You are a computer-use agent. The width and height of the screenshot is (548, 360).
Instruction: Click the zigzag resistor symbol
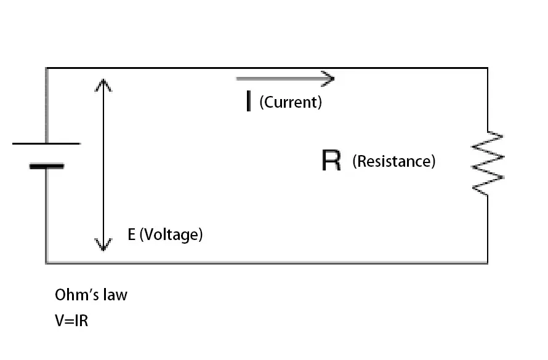pyautogui.click(x=488, y=163)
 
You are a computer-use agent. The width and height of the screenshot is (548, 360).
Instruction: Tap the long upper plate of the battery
pyautogui.click(x=46, y=143)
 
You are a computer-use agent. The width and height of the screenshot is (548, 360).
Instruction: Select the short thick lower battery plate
pyautogui.click(x=46, y=166)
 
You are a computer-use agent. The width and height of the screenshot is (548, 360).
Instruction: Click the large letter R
pyautogui.click(x=331, y=161)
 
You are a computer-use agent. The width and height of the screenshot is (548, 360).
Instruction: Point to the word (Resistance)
pyautogui.click(x=394, y=161)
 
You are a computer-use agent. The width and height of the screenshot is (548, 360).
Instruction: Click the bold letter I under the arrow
pyautogui.click(x=248, y=102)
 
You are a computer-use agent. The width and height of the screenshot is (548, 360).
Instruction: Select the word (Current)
pyautogui.click(x=291, y=102)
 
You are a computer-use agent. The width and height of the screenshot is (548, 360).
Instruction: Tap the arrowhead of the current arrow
pyautogui.click(x=329, y=78)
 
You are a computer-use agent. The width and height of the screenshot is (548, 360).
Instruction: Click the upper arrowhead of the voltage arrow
pyautogui.click(x=103, y=84)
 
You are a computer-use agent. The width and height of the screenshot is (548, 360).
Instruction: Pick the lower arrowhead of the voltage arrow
pyautogui.click(x=103, y=246)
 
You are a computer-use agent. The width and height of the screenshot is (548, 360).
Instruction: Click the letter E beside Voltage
pyautogui.click(x=131, y=234)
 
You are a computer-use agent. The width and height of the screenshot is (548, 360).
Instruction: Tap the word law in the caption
pyautogui.click(x=117, y=295)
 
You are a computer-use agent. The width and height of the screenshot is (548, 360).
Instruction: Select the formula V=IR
pyautogui.click(x=71, y=321)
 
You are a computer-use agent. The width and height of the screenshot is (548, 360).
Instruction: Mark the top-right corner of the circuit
pyautogui.click(x=488, y=68)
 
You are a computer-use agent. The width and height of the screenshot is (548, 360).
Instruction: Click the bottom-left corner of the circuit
pyautogui.click(x=46, y=263)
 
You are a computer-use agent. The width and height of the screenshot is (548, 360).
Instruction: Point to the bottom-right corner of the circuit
pyautogui.click(x=488, y=263)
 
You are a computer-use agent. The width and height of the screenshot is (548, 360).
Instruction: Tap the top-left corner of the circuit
pyautogui.click(x=46, y=68)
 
